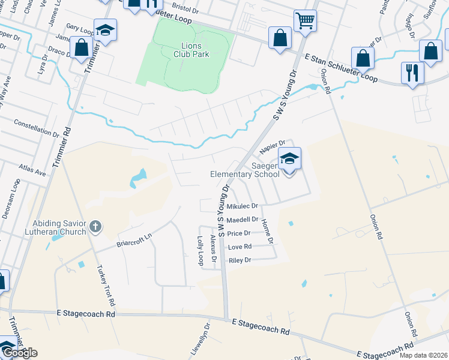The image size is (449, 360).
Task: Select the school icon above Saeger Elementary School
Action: pyautogui.click(x=289, y=159)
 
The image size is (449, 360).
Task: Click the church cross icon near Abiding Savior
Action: pyautogui.click(x=95, y=227)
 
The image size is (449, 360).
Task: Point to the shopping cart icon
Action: pyautogui.click(x=305, y=20)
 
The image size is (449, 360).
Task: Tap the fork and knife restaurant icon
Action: pyautogui.click(x=412, y=73)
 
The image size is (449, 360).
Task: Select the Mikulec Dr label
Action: pyautogui.click(x=242, y=206)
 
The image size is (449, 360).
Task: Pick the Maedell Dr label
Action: pyautogui.click(x=242, y=220)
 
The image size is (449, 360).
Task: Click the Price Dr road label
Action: pyautogui.click(x=238, y=233)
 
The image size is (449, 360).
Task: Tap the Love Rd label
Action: pyautogui.click(x=239, y=247)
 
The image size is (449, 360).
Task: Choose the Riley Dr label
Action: pyautogui.click(x=239, y=260)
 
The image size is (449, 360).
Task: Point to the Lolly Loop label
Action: pyautogui.click(x=200, y=250)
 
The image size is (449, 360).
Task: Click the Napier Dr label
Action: pyautogui.click(x=271, y=147)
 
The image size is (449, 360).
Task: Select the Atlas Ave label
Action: pyautogui.click(x=32, y=172)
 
